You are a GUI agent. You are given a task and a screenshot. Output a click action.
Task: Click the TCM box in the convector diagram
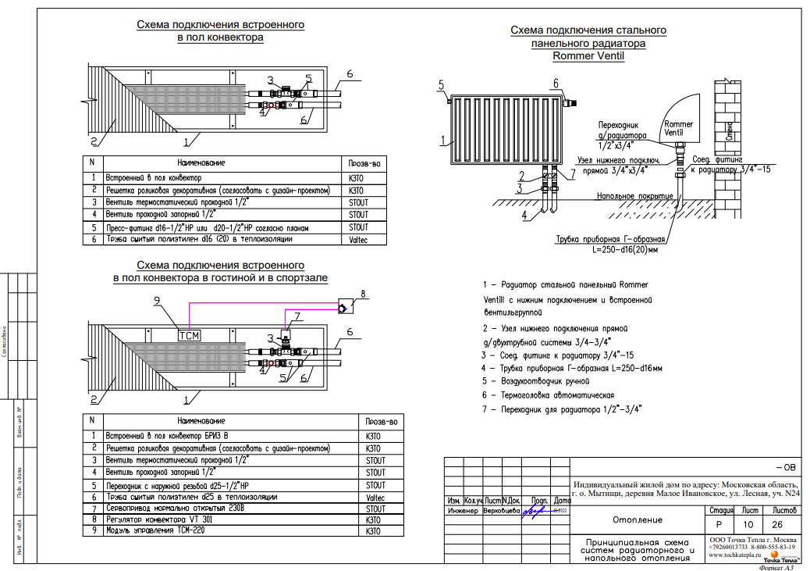coord(190,336)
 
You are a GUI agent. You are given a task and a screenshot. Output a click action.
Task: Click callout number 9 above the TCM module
coord(156,300)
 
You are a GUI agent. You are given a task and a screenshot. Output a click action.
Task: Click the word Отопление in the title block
coord(633,519)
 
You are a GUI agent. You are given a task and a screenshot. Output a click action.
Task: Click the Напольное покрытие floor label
coord(634,195)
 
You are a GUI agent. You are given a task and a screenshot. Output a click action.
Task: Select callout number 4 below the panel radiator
coord(524,213)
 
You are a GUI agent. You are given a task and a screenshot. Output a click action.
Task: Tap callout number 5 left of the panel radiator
coord(441,84)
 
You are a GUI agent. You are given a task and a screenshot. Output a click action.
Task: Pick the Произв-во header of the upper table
coord(364,162)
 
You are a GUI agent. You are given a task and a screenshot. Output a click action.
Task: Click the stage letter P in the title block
coord(719,525)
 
